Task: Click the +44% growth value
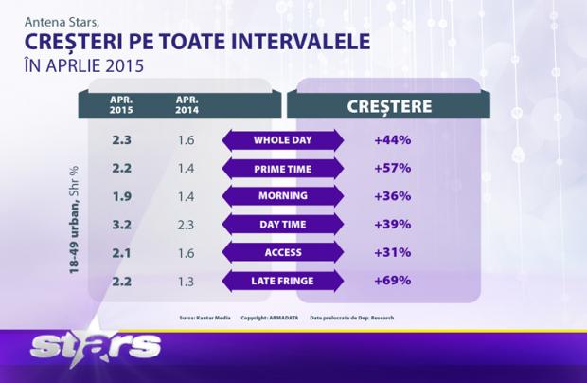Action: [392, 140]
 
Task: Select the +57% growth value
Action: [392, 169]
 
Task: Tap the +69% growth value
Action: [392, 281]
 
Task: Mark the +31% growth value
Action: [392, 252]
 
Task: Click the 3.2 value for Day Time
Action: [122, 225]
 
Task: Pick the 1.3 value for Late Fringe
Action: [187, 281]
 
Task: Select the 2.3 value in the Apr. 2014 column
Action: [187, 225]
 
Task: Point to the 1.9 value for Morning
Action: [122, 196]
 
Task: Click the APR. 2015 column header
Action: [122, 103]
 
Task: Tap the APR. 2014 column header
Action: [187, 103]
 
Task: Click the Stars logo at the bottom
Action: [94, 347]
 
